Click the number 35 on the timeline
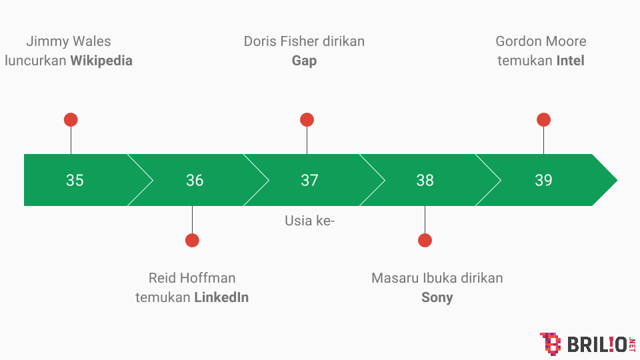point(75,180)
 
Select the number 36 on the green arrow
point(195,180)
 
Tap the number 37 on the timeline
point(309,180)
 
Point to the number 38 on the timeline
point(425,180)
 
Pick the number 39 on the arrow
point(543,180)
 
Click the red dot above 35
point(71,120)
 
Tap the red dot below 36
point(192,241)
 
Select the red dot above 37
point(307,120)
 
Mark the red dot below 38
point(425,241)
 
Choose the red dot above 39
point(543,120)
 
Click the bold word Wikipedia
point(101,61)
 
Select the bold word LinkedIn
point(221,297)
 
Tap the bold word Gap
point(304,61)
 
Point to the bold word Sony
point(437,297)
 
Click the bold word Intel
point(570,61)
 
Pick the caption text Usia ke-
point(309,221)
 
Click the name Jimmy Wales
point(68,41)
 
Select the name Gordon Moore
point(541,41)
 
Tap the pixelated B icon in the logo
point(550,343)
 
